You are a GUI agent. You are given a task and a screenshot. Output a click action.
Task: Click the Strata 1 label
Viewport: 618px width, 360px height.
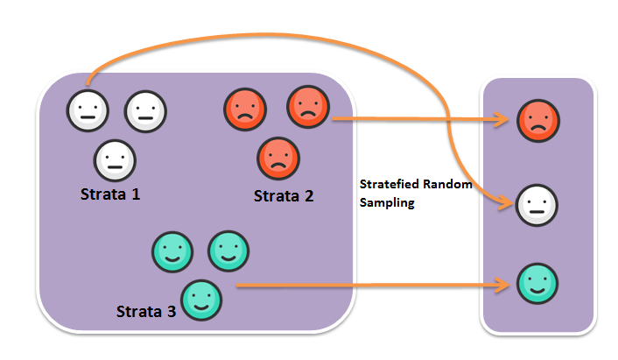[x=110, y=194]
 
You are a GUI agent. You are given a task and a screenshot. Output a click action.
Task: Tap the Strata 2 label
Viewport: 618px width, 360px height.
[x=284, y=196]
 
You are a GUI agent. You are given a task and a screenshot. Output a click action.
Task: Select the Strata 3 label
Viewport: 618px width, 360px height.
[x=146, y=311]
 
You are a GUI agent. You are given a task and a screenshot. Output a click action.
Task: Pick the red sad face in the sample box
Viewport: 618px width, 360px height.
[x=538, y=120]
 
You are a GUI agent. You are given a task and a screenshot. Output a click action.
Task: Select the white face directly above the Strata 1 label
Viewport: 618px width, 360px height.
[x=115, y=160]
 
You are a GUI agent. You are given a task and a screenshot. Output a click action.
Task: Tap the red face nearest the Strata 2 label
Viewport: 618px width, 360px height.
[x=277, y=158]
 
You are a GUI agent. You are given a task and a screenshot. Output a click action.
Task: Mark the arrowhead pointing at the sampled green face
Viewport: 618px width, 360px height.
[x=505, y=285]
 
